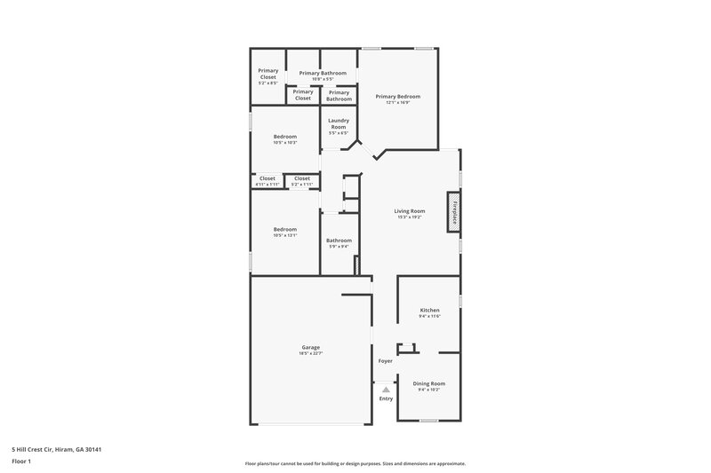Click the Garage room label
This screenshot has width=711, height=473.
pos(310,347)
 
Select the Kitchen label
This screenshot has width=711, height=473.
pos(429,311)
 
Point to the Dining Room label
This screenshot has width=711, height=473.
pos(429,382)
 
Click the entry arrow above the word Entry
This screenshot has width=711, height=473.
pos(386,389)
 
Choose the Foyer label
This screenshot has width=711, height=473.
pos(386,361)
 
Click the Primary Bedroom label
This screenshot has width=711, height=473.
pos(397,96)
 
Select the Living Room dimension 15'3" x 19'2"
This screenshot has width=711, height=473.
pos(410,217)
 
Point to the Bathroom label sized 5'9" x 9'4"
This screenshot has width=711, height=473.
pos(339,240)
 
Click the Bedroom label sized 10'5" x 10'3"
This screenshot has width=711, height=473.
pos(285,137)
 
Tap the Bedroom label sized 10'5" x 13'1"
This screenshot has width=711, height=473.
pos(285,230)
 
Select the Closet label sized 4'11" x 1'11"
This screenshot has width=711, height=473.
pos(267,178)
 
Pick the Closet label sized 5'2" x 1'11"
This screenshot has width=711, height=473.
pos(302,178)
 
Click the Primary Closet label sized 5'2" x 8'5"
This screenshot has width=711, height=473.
pos(268,74)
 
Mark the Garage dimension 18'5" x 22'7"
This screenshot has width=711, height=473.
pos(310,353)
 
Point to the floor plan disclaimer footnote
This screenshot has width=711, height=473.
pos(355,463)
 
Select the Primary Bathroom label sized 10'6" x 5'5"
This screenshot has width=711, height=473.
pos(323,73)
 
